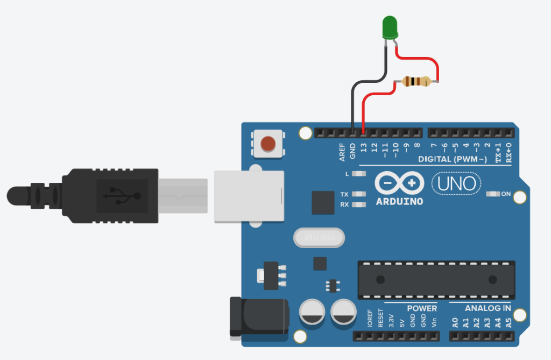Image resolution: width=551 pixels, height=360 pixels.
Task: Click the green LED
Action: [x=390, y=27]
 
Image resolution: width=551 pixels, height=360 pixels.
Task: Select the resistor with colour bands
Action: [x=416, y=82]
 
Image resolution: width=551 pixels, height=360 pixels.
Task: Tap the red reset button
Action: [x=267, y=144]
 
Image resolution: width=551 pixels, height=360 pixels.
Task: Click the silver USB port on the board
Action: [x=249, y=196]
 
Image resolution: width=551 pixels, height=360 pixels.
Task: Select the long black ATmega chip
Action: [x=436, y=279]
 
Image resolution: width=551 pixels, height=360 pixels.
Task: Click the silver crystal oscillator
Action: [x=318, y=237]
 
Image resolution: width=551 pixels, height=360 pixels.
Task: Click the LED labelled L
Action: [x=360, y=174]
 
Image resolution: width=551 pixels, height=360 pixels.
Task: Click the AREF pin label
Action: [x=342, y=152]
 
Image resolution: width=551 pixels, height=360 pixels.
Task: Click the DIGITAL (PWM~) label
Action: [x=453, y=160]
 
